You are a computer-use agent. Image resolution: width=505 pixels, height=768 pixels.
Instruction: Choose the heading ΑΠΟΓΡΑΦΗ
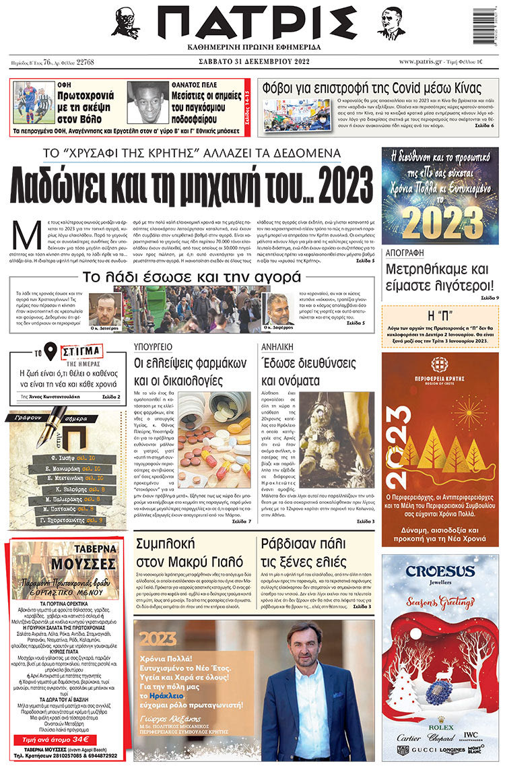405,253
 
